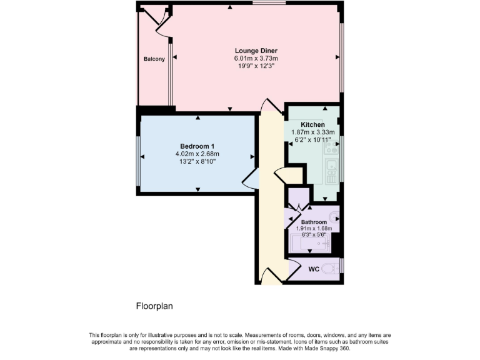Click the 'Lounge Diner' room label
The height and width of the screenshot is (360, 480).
point(256,51)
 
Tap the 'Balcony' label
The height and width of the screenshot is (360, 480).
point(154,59)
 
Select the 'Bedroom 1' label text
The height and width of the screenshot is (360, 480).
point(197,146)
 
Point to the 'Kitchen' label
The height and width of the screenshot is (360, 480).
point(312,125)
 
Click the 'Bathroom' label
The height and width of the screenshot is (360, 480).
point(314,222)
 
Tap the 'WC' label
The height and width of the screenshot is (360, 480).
point(314,269)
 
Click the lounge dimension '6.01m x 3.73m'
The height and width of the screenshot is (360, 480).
point(256,58)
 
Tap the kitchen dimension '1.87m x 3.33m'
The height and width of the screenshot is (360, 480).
point(312,132)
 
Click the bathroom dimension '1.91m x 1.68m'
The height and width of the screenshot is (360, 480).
point(314,229)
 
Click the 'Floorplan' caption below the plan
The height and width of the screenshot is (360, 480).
point(154,306)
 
